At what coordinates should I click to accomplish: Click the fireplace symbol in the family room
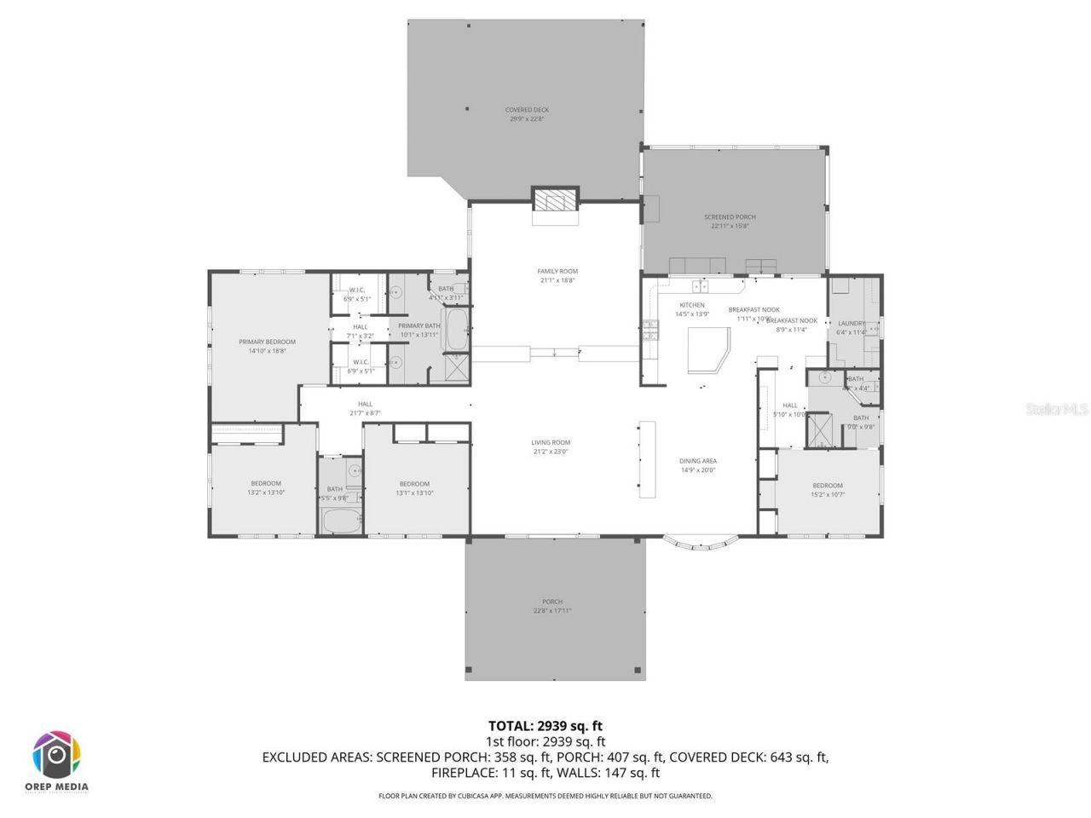click(556, 200)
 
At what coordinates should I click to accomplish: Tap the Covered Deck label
click(527, 114)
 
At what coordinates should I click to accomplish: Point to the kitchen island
click(708, 350)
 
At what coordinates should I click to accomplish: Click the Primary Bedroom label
click(267, 346)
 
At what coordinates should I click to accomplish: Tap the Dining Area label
click(697, 465)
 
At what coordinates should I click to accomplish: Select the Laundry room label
click(851, 327)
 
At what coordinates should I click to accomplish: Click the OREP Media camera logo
click(57, 755)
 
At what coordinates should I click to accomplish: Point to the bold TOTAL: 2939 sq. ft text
click(545, 726)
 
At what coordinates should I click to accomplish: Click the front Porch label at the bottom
click(552, 606)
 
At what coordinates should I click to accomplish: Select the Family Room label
click(557, 275)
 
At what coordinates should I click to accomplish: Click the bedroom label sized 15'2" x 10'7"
click(827, 490)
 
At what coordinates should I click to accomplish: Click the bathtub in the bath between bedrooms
click(340, 521)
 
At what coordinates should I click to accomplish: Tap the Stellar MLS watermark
click(1057, 410)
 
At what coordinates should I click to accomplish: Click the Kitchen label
click(692, 308)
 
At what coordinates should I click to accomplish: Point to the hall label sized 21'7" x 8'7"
click(365, 408)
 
